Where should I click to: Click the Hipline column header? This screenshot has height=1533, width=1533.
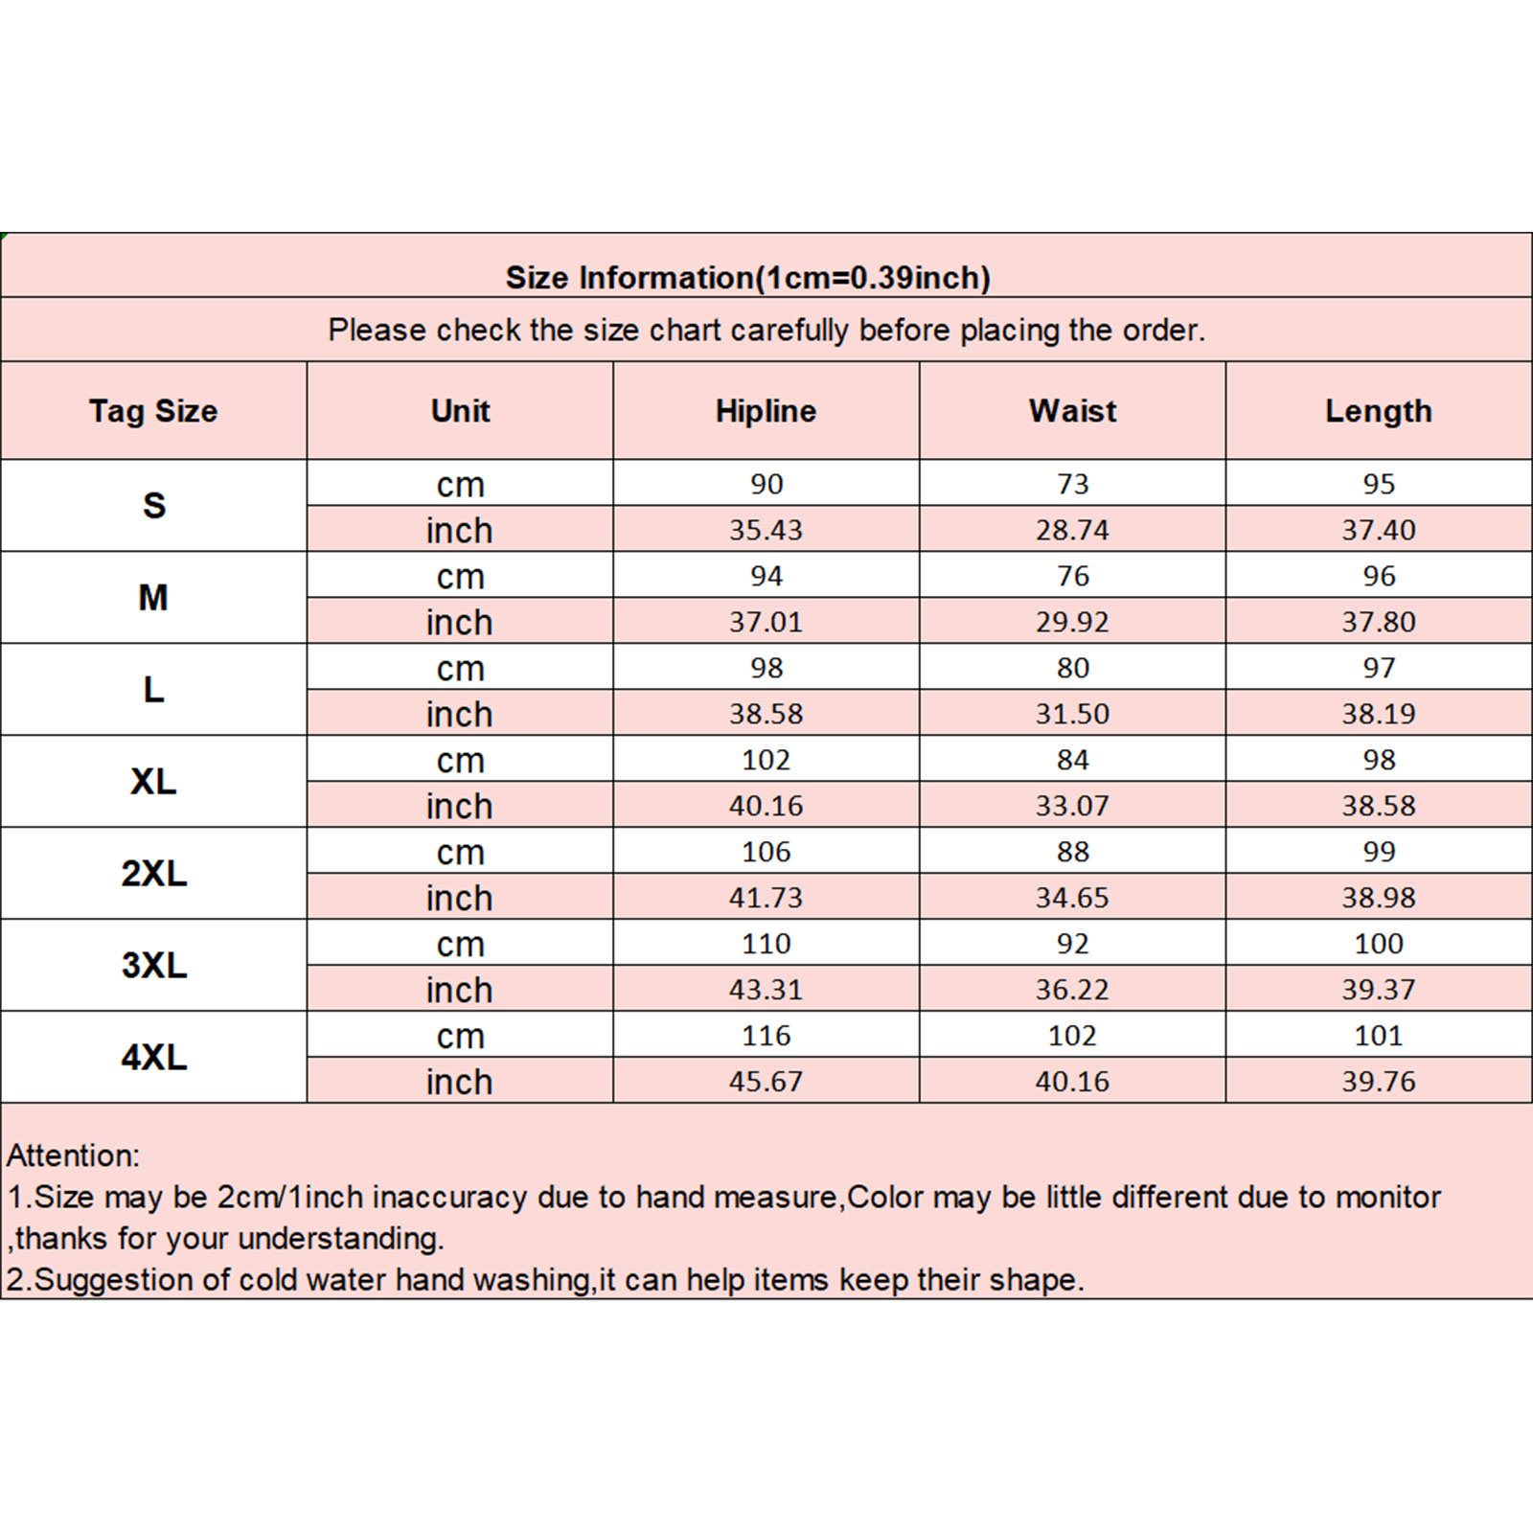[x=766, y=411]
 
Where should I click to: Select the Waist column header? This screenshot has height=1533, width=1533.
[x=1072, y=411]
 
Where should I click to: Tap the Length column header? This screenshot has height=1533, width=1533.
[x=1378, y=411]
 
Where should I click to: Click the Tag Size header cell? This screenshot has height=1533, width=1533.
[x=153, y=411]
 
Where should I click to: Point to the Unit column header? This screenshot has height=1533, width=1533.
[x=460, y=411]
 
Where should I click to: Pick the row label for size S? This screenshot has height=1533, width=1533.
[x=153, y=505]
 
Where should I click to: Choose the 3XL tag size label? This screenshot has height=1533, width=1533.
[x=153, y=965]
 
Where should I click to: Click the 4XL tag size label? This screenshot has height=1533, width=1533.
[x=153, y=1057]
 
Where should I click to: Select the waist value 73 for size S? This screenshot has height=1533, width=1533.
[x=1072, y=484]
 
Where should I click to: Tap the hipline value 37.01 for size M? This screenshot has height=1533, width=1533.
[x=766, y=622]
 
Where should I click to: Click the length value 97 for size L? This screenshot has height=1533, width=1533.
[x=1378, y=668]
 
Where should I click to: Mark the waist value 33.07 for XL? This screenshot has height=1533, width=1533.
[x=1072, y=806]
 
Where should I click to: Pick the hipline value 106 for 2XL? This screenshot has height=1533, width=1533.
[x=766, y=852]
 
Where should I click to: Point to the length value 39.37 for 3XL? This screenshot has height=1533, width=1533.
[x=1378, y=990]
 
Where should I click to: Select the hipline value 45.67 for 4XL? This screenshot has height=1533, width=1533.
[x=766, y=1082]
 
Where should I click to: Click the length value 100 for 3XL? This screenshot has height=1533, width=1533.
[x=1378, y=944]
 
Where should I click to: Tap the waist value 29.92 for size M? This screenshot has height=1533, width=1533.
[x=1072, y=622]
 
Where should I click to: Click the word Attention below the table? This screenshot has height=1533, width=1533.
[x=73, y=1155]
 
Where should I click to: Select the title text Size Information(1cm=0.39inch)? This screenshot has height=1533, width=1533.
[x=747, y=278]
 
